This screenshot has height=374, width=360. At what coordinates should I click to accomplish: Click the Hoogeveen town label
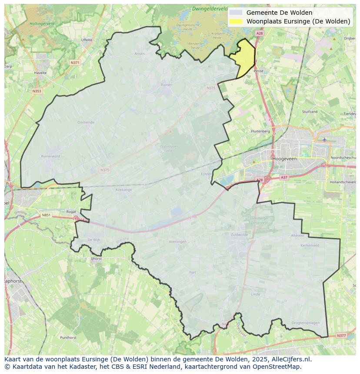click(284, 159)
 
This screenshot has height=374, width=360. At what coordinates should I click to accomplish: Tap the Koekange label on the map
click(123, 190)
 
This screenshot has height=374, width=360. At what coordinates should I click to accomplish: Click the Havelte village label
click(40, 73)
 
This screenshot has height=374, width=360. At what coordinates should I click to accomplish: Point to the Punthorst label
click(69, 337)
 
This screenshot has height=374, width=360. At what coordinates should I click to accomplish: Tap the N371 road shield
click(75, 63)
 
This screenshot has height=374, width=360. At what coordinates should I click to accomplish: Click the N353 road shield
click(37, 91)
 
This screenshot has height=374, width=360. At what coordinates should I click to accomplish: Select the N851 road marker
click(46, 215)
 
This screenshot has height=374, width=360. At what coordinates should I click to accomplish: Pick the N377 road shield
click(341, 335)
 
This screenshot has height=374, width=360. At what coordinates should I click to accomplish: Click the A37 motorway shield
click(284, 177)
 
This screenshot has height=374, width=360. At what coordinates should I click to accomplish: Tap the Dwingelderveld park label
click(210, 9)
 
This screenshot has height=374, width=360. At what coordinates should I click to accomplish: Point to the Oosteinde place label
click(86, 122)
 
